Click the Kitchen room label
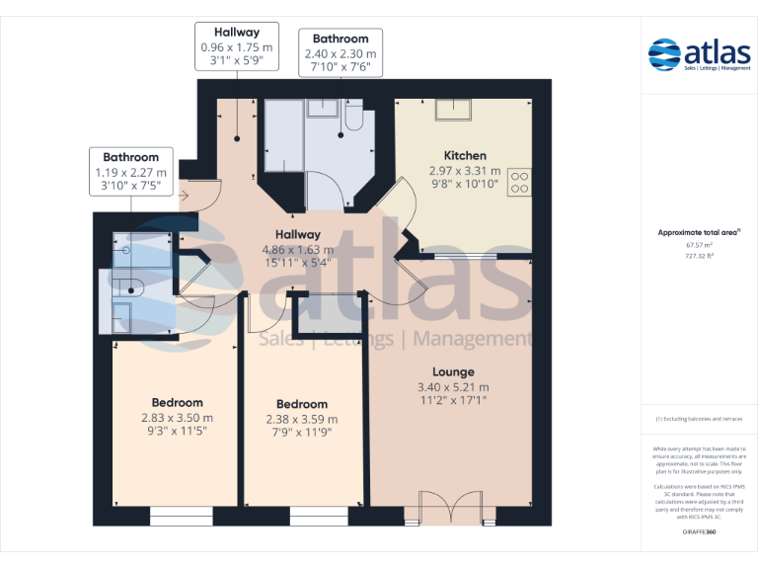pyautogui.click(x=464, y=155)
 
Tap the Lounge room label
pyautogui.click(x=452, y=371)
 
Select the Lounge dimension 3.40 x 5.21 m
pyautogui.click(x=453, y=387)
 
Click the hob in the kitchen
pyautogui.click(x=519, y=184)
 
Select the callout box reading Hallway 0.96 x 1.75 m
pyautogui.click(x=237, y=46)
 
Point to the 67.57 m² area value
pyautogui.click(x=699, y=246)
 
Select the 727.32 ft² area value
pyautogui.click(x=699, y=255)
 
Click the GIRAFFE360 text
pyautogui.click(x=699, y=532)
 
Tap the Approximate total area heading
pyautogui.click(x=699, y=232)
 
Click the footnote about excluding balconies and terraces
pyautogui.click(x=699, y=419)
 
